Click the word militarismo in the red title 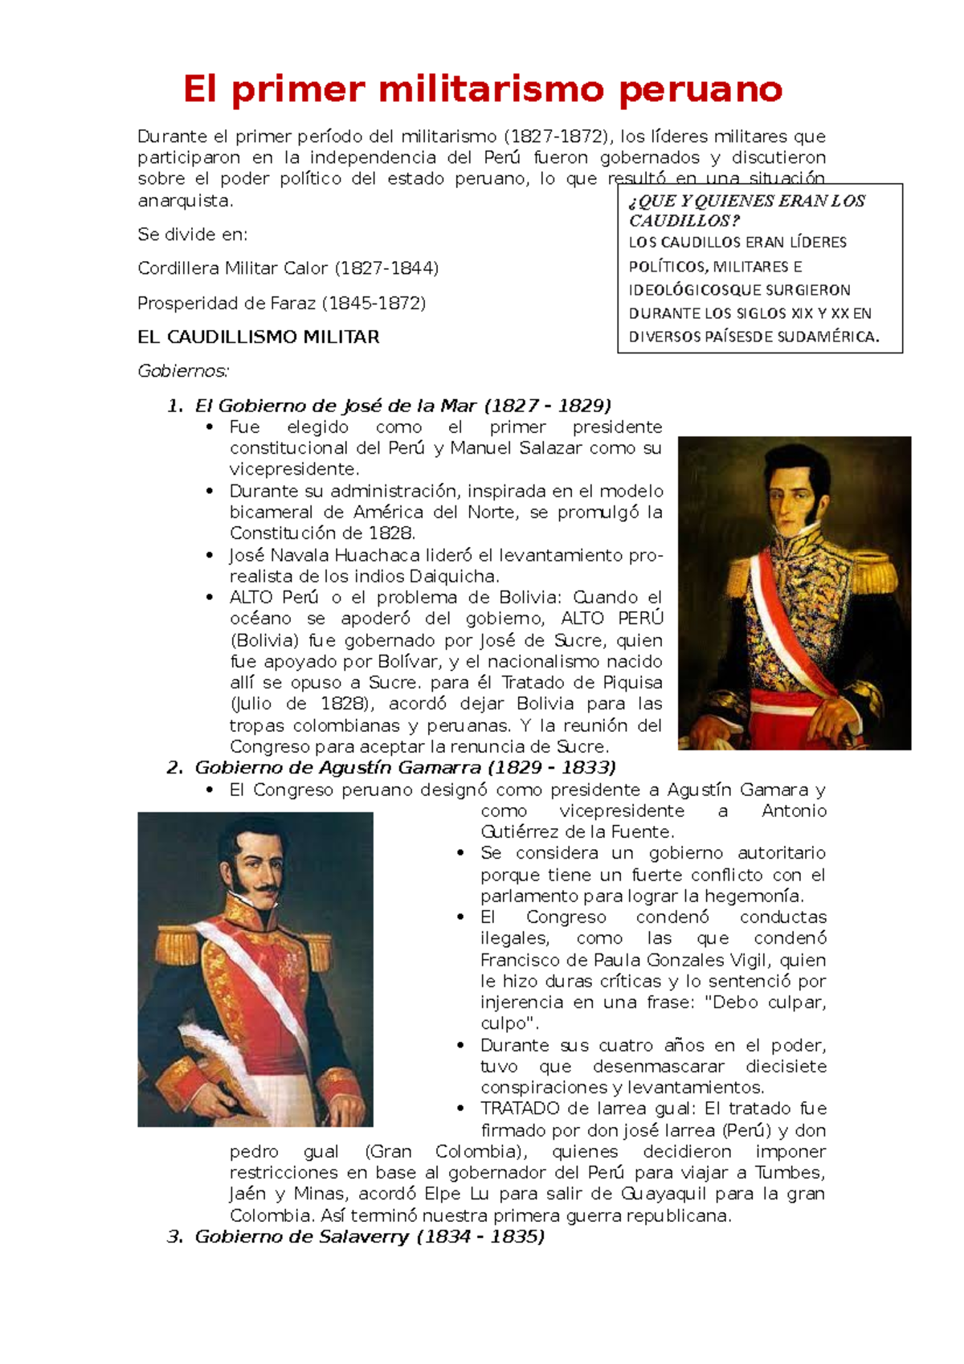coord(490,88)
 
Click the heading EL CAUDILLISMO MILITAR coord(258,337)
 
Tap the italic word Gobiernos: coord(183,371)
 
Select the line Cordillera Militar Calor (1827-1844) coord(288,268)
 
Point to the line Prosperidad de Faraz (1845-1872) coord(281,303)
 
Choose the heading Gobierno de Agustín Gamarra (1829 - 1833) coord(405,767)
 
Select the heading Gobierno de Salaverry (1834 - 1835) coord(370,1236)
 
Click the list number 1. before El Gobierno coord(174,406)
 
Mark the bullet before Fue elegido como coord(210,427)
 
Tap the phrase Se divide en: coord(192,235)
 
